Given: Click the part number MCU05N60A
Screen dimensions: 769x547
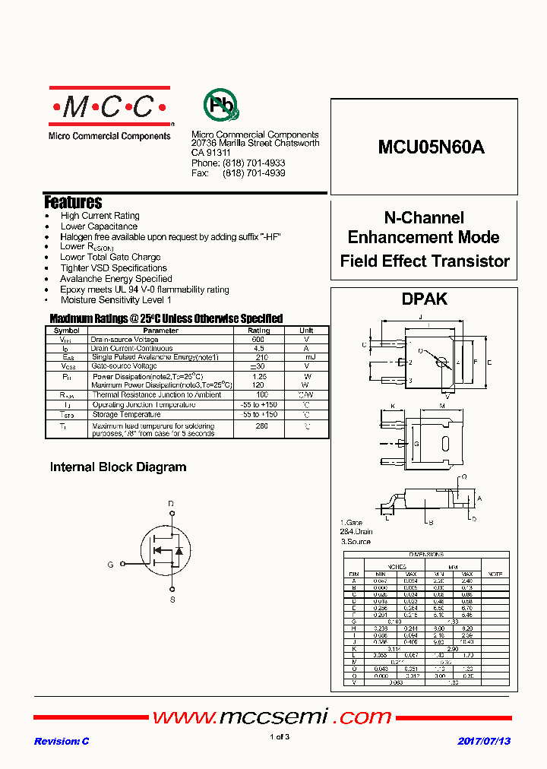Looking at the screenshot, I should click(431, 148).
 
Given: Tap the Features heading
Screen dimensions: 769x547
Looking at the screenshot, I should click(73, 202).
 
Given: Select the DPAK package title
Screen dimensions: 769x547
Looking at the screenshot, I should click(425, 299).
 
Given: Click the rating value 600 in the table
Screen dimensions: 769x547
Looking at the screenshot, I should click(258, 340).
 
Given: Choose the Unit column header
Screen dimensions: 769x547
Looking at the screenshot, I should click(306, 331).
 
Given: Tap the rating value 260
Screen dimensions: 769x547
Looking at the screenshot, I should click(262, 426).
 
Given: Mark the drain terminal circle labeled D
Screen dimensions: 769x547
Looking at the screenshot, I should click(171, 514).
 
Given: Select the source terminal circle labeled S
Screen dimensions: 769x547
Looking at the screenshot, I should click(172, 589).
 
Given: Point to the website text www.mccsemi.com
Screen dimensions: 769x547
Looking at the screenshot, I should click(272, 717).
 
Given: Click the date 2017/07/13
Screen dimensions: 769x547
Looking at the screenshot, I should click(484, 741).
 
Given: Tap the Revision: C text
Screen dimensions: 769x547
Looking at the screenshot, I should click(62, 741).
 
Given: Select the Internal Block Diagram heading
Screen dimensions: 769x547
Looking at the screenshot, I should click(118, 467).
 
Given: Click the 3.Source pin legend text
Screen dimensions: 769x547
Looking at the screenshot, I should click(356, 542).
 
